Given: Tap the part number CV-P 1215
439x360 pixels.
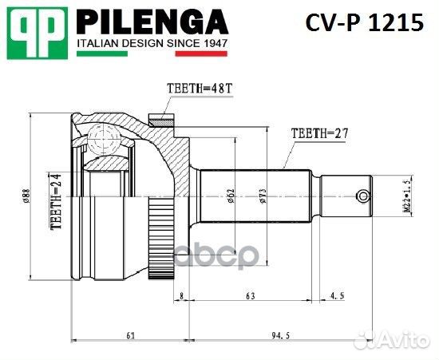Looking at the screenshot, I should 364,23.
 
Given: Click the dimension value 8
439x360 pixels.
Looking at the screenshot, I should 182,295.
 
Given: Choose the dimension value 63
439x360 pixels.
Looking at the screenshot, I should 250,295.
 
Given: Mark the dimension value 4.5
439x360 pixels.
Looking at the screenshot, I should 337,295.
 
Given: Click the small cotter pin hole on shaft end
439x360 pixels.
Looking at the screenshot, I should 363,196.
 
